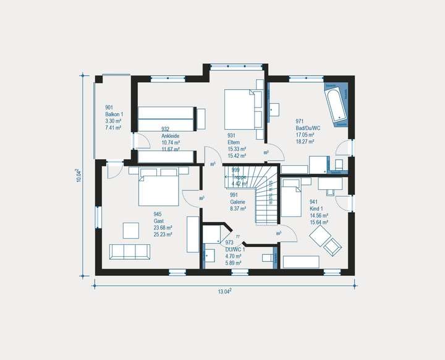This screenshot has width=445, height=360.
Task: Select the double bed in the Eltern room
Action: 239,109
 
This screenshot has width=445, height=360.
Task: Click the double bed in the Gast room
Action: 158,186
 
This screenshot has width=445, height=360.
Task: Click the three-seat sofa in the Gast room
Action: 129,251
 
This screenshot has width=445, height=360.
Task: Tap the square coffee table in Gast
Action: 131,230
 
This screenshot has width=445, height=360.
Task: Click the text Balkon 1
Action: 114,114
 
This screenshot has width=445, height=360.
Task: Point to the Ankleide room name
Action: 171,135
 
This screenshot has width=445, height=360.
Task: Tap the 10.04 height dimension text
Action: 80,176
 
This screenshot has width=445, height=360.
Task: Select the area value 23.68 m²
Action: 163,228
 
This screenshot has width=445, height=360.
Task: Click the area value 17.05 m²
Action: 305,135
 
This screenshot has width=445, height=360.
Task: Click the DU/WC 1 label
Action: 235,249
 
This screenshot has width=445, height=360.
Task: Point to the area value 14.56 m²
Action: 319,215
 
